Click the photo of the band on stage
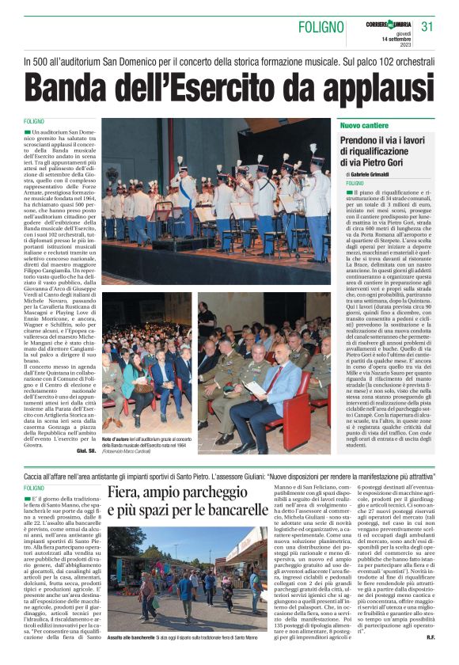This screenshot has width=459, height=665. click(216, 202)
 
